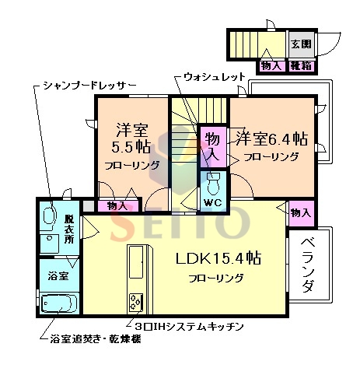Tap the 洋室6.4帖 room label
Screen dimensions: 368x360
(271, 139)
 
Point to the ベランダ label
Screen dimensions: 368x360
(308, 265)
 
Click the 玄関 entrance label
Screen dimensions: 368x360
(301, 44)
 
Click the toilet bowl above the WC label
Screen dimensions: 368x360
(214, 184)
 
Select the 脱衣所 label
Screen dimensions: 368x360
(68, 226)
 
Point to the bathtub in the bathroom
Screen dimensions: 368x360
(58, 302)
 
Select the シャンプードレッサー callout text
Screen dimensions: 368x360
(89, 83)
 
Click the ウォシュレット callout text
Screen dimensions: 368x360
(214, 77)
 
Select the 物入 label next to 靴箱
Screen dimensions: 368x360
(271, 66)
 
